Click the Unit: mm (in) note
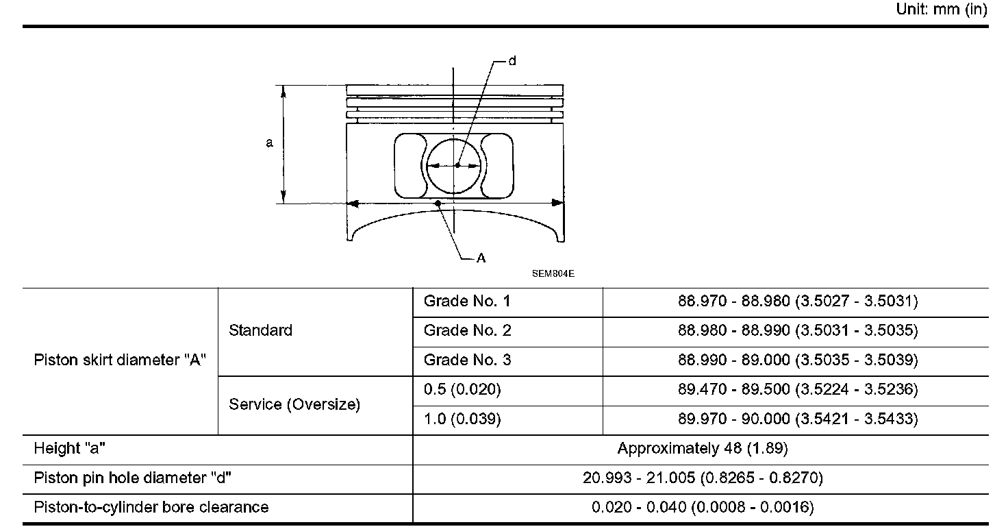942,9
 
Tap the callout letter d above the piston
512,61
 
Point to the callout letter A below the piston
481,258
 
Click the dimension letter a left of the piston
269,143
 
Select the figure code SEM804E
553,273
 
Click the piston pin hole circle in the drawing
427,166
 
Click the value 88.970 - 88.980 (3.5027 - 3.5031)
798,302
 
